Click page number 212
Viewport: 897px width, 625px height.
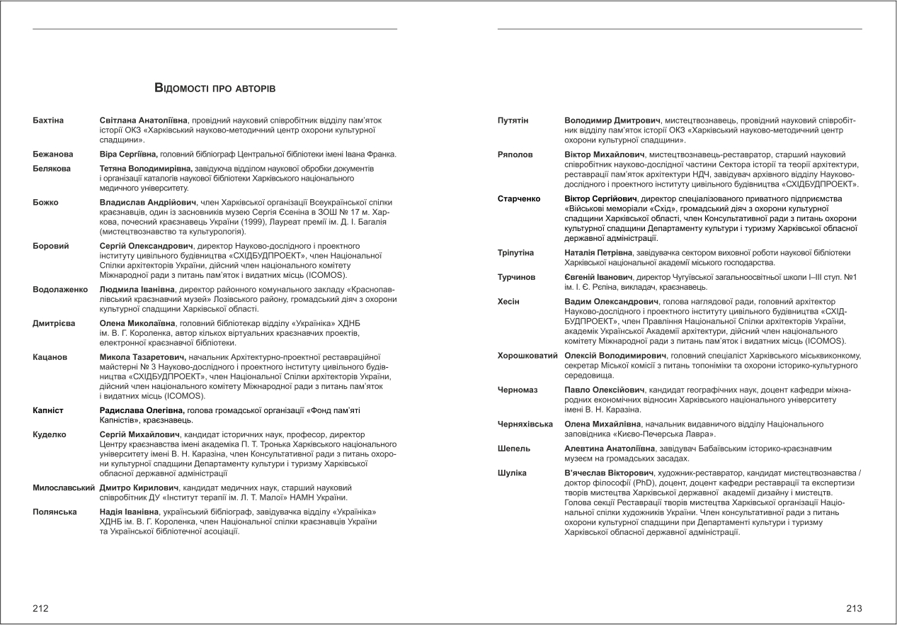[x=41, y=608]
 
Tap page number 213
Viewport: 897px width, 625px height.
[x=854, y=608]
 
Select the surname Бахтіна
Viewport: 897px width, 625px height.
[x=48, y=120]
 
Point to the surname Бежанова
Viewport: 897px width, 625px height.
[x=53, y=154]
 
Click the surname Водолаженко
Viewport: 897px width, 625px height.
[x=60, y=290]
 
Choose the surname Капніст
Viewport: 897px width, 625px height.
[x=49, y=410]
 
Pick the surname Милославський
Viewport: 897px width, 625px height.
[x=64, y=488]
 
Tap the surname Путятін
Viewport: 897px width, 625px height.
[x=513, y=120]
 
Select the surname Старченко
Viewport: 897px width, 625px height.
[x=520, y=198]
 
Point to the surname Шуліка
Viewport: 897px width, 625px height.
[x=512, y=473]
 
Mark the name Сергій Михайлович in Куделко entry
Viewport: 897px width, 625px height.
[x=139, y=434]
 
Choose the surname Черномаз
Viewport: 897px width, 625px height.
[x=518, y=390]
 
